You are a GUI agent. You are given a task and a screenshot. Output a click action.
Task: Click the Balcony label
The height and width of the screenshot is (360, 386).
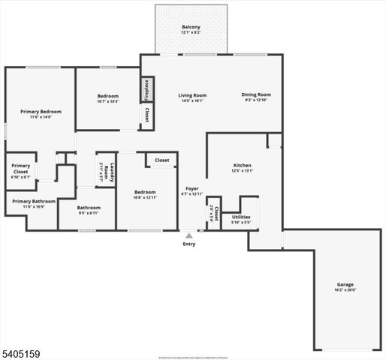(x=190, y=28)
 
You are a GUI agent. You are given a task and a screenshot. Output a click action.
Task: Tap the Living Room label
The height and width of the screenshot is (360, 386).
(x=192, y=95)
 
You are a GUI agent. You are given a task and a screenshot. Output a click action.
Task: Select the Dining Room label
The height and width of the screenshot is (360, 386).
(x=256, y=94)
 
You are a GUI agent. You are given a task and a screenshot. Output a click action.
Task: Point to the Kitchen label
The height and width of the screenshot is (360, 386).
(x=242, y=165)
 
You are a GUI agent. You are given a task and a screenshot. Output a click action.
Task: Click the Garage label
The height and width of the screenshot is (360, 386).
(x=345, y=284)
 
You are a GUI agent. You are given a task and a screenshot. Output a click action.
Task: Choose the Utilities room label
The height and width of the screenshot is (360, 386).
(x=241, y=217)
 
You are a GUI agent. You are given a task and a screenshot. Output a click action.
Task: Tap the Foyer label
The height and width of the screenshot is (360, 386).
(x=192, y=188)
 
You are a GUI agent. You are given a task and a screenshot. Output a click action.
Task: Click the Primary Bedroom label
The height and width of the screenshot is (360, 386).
(x=41, y=112)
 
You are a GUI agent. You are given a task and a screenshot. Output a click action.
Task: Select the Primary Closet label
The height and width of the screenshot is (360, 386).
(x=21, y=168)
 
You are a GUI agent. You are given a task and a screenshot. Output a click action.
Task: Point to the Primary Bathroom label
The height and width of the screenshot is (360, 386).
(x=34, y=201)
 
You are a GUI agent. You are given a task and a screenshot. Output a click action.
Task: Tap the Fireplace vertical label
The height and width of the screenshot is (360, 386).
(x=147, y=88)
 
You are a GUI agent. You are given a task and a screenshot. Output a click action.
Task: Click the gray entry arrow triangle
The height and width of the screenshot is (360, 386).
(x=188, y=235)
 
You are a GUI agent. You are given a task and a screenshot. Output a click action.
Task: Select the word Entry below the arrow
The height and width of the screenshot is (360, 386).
(x=188, y=244)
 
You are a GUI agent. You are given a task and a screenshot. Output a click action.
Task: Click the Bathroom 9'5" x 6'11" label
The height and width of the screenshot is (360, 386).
(x=89, y=211)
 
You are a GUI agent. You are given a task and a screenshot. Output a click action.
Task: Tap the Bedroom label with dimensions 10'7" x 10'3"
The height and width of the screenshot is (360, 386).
(x=108, y=96)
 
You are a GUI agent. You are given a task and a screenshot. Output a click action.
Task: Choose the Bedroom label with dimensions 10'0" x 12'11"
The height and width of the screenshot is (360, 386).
(x=145, y=192)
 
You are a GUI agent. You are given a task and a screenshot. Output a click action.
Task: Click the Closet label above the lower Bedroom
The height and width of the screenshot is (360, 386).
(x=162, y=160)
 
